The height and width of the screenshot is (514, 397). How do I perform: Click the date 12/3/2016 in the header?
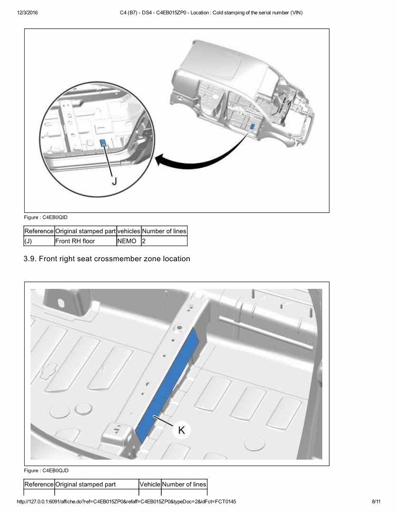click(x=28, y=13)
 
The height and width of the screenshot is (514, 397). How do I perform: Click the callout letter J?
click(x=114, y=181)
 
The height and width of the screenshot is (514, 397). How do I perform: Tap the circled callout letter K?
click(x=181, y=430)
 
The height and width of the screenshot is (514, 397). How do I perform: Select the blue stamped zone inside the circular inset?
click(x=103, y=143)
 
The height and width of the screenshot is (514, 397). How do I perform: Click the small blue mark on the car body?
click(x=252, y=126)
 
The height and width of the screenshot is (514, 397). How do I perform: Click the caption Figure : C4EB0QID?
click(x=45, y=217)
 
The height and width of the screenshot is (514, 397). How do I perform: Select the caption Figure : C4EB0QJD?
click(x=46, y=471)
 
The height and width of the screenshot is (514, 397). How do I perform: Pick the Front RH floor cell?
click(x=75, y=241)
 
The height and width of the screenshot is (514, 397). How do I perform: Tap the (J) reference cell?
click(x=28, y=241)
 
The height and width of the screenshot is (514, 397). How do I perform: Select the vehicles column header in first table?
click(x=128, y=231)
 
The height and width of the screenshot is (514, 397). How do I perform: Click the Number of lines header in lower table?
click(x=184, y=484)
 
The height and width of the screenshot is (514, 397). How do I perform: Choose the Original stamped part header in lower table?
click(x=86, y=484)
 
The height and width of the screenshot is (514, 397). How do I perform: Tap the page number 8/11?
click(x=376, y=502)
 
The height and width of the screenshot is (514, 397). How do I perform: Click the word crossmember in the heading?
click(x=123, y=259)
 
